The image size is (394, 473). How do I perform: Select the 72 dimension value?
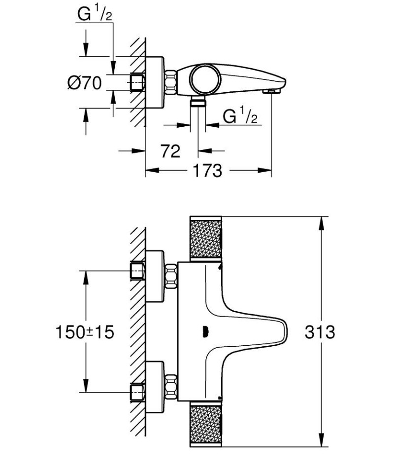pos(170,151)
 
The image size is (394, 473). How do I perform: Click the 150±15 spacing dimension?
pos(84,332)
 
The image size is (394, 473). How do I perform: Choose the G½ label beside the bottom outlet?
pos(240,117)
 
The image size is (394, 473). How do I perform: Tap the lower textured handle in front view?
pos(206,424)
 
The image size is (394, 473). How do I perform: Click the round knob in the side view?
pos(203,79)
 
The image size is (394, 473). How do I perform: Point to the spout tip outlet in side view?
pos(272,91)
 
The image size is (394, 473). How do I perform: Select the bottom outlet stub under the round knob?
pos(198,101)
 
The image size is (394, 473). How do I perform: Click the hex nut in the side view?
pos(171,82)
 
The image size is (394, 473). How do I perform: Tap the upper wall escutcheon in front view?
pos(155,276)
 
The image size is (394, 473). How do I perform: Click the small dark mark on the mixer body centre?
pos(204,331)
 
